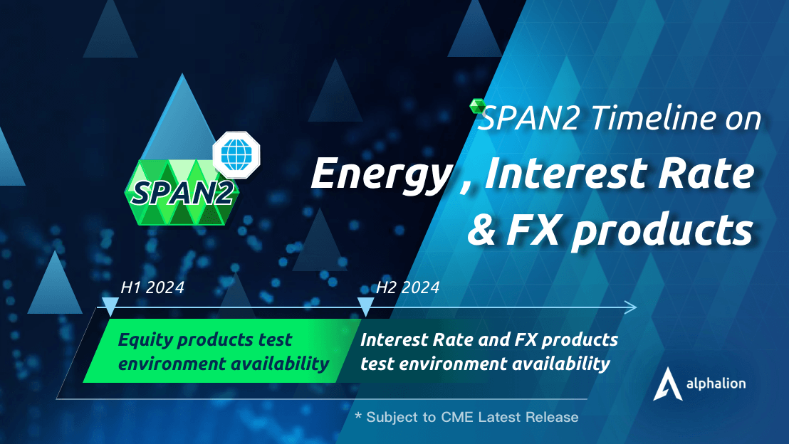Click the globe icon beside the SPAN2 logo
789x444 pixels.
pos(236,154)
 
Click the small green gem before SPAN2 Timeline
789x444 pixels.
pos(477,107)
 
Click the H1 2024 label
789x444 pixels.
pos(152,287)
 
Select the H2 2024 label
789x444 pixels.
pos(407,287)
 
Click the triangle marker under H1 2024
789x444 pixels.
pos(110,307)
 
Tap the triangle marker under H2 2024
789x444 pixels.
pos(365,307)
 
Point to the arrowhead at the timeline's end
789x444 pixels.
pos(630,307)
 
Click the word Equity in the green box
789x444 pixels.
pos(142,340)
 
